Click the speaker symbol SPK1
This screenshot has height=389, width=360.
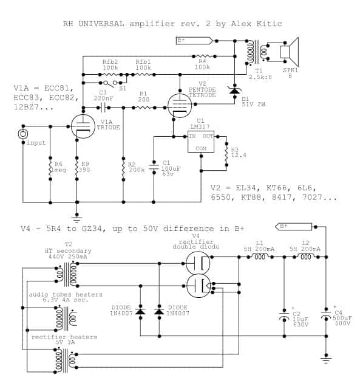tap(290, 52)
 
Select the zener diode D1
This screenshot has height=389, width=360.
tap(234, 91)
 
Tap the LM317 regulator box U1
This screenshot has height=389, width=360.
tap(201, 142)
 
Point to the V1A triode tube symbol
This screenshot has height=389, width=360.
tap(83, 126)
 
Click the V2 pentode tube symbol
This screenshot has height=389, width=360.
tap(180, 106)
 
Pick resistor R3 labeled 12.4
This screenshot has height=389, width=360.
tap(226, 154)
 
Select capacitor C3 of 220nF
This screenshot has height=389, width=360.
tap(103, 108)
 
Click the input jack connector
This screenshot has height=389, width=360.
tap(23, 134)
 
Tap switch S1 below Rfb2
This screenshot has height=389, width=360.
tap(110, 83)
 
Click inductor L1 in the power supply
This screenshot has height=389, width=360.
tap(260, 256)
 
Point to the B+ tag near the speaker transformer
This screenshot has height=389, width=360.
tap(195, 41)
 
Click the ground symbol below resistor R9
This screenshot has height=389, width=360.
tap(77, 219)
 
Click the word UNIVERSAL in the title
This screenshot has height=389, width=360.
tap(101, 24)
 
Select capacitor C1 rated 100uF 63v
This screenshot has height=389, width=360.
tap(154, 167)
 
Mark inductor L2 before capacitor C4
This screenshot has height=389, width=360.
tap(306, 256)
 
